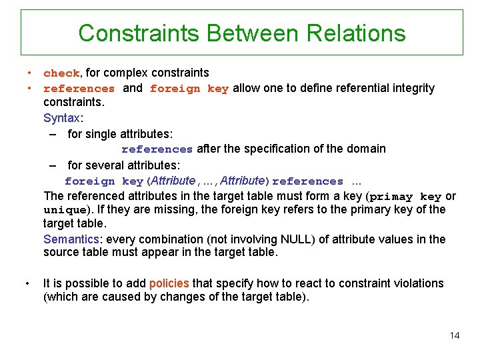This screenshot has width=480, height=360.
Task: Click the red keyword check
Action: click(61, 73)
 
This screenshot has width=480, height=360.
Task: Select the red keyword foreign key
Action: click(189, 88)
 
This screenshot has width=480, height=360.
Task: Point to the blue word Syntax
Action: click(62, 118)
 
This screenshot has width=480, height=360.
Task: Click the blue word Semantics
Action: click(73, 239)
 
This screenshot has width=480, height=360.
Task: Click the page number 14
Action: click(454, 335)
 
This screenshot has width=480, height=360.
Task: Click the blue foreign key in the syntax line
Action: click(103, 181)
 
